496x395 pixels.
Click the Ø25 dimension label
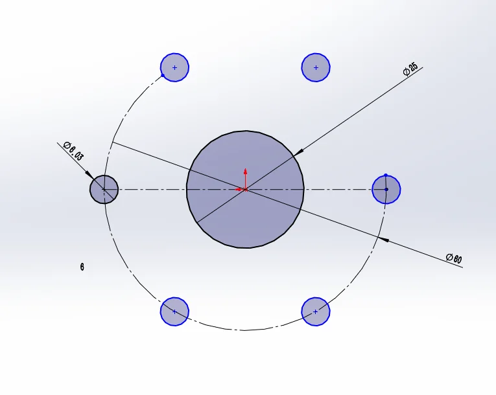[x=410, y=69]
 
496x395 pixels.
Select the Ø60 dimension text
[x=454, y=258]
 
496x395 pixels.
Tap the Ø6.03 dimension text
[x=74, y=151]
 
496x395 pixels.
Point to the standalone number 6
[x=82, y=267]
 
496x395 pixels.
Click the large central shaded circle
[x=245, y=189]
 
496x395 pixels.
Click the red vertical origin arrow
[x=245, y=179]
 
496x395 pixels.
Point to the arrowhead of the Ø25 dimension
[x=298, y=152]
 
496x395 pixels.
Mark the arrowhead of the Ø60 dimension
[x=383, y=240]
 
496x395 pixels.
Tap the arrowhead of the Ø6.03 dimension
[x=89, y=175]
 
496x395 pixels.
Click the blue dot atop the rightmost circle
[x=386, y=175]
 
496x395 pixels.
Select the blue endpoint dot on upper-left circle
[x=163, y=75]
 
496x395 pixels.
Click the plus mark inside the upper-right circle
[x=316, y=67]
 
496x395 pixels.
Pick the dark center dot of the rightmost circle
[x=386, y=189]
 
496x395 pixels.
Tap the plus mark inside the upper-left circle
[x=174, y=67]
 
